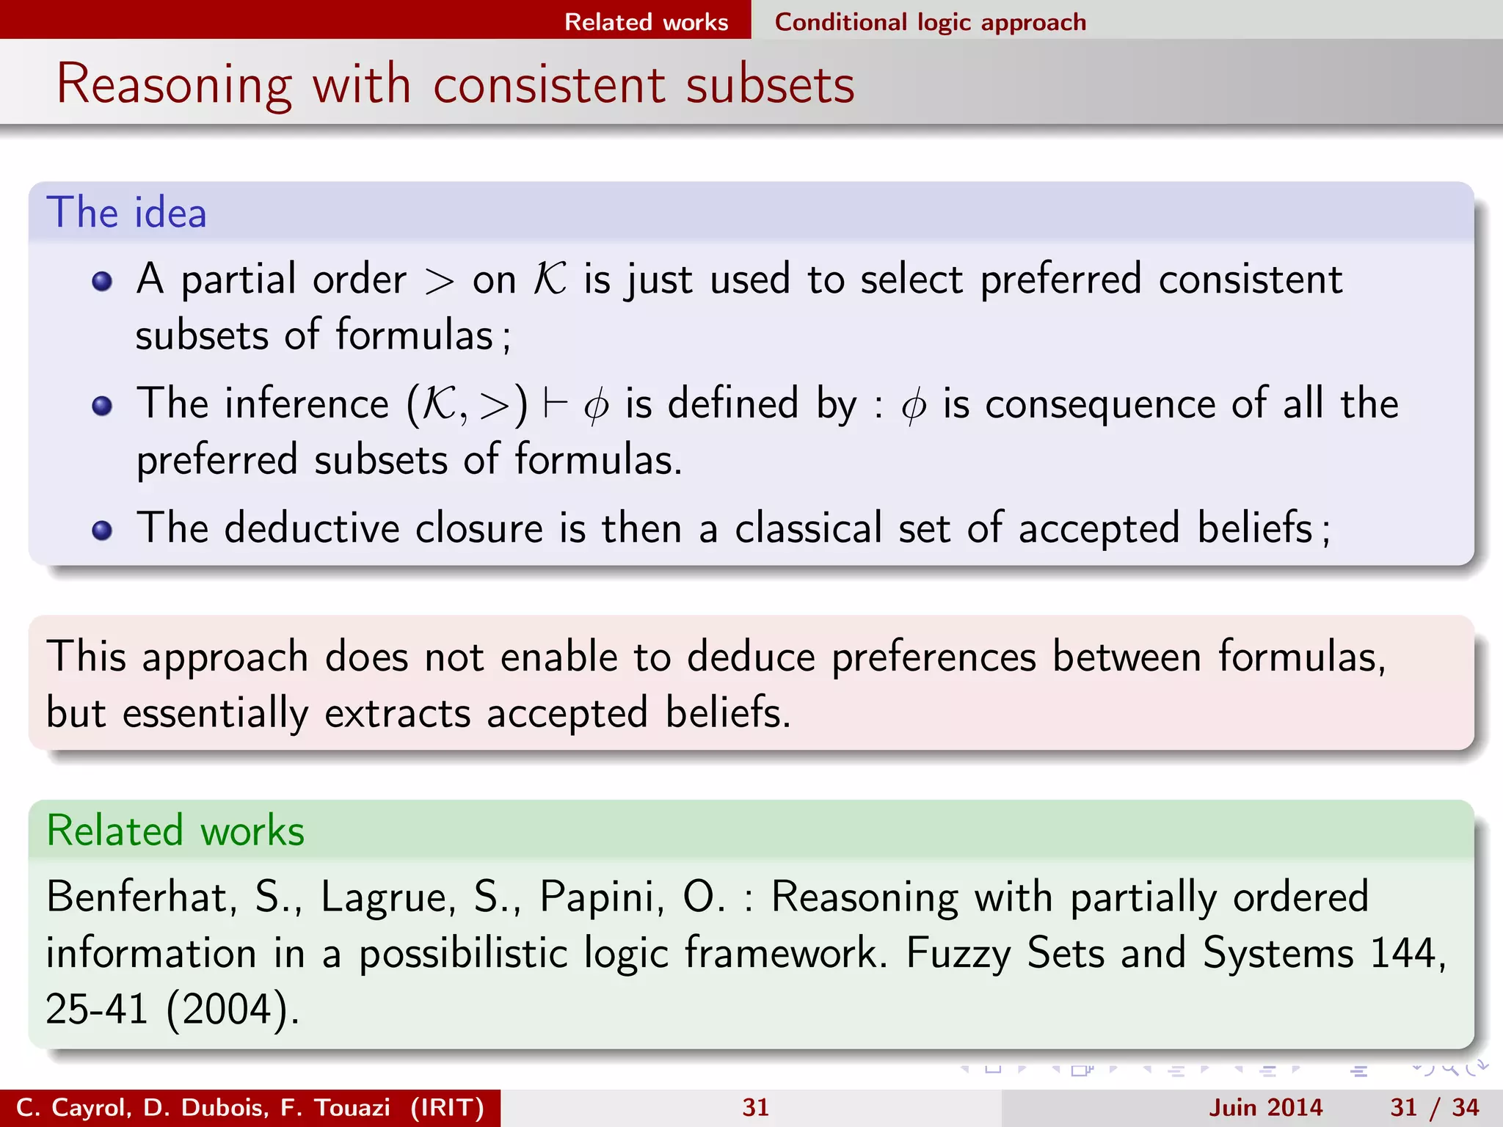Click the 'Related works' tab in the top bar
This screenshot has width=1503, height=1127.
[x=646, y=22]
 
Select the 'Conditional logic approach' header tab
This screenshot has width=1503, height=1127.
[x=930, y=22]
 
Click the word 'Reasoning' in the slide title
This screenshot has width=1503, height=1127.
[x=174, y=85]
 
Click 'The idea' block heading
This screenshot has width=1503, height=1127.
[x=126, y=213]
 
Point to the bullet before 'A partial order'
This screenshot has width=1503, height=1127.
[x=102, y=281]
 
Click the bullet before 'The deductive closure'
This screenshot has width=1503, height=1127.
[x=102, y=530]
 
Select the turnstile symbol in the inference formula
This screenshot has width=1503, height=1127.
[x=555, y=404]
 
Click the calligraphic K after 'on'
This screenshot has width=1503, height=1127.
[x=550, y=280]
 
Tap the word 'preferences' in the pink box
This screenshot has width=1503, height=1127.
[x=934, y=656]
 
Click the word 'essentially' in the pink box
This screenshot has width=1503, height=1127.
[x=215, y=713]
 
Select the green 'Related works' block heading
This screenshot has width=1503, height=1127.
[x=175, y=831]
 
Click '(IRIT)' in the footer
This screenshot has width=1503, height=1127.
[x=448, y=1107]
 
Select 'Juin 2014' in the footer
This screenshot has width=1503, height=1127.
[x=1265, y=1107]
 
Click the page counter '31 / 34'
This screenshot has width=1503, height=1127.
[x=1434, y=1107]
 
